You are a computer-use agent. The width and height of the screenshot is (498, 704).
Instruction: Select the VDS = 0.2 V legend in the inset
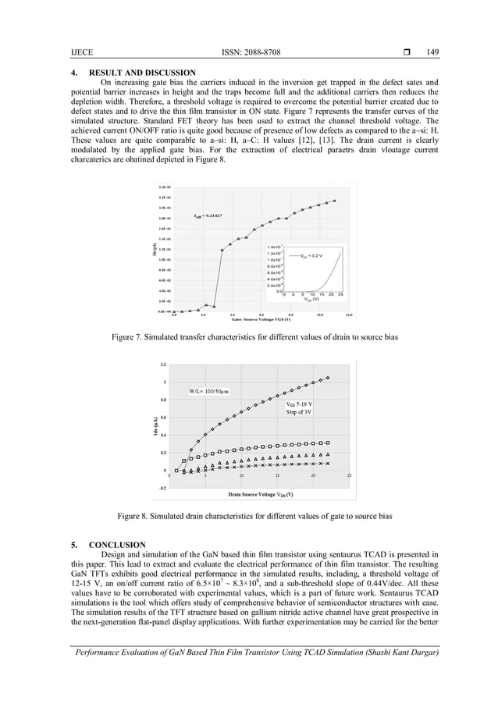click(310, 255)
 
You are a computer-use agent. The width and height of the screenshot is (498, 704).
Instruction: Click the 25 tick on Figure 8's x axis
click(349, 475)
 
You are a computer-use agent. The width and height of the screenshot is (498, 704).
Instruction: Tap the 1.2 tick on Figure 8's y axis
click(163, 364)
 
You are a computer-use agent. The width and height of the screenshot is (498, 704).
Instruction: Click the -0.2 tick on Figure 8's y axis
click(162, 488)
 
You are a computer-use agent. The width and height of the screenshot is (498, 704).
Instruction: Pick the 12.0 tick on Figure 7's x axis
click(348, 315)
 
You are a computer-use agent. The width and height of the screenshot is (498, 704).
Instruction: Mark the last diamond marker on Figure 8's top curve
click(328, 378)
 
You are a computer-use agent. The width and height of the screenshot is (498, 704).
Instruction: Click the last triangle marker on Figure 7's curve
click(335, 201)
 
